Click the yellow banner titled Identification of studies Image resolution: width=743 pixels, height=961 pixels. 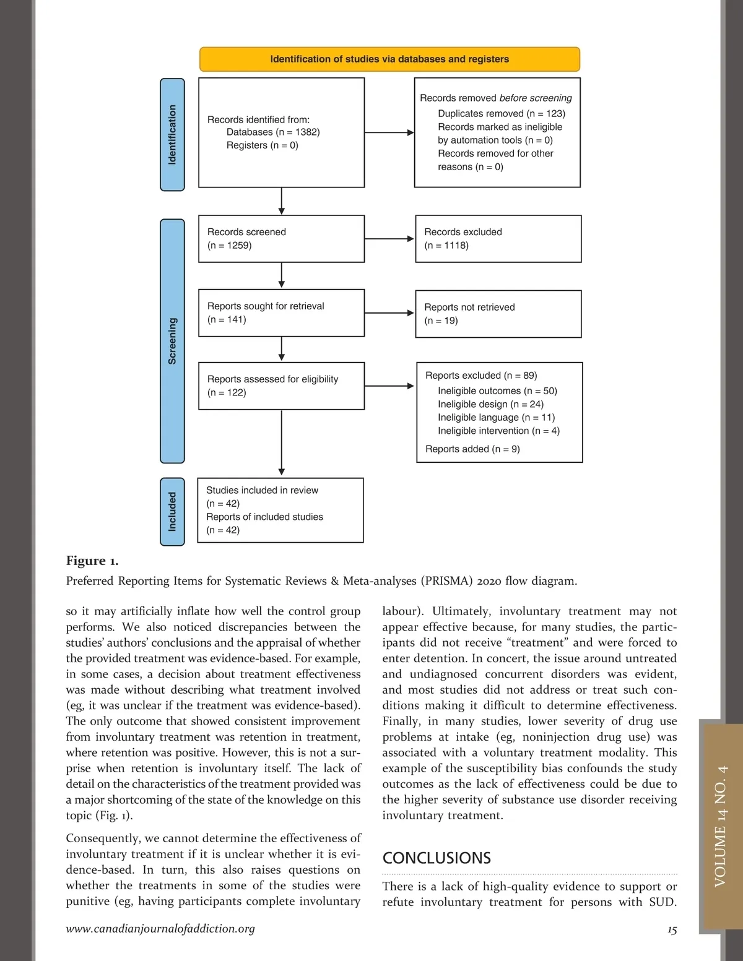(389, 59)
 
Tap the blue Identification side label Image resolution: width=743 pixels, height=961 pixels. (172, 134)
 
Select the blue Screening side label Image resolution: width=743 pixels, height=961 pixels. (172, 341)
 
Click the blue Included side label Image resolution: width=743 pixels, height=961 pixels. (172, 512)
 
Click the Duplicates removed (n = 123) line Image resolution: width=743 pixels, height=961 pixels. (501, 113)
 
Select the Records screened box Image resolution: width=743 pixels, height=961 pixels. (281, 239)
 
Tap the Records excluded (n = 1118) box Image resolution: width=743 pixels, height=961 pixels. (498, 239)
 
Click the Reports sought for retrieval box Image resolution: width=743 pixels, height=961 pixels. (281, 313)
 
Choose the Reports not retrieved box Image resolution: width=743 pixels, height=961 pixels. (498, 314)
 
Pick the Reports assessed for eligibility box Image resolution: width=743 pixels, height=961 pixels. (281, 386)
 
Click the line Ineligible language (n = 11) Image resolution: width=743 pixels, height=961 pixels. (496, 418)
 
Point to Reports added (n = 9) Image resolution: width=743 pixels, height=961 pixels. (472, 449)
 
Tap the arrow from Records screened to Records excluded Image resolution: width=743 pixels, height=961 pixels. (389, 239)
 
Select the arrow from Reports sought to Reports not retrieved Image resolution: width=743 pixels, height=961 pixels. (389, 313)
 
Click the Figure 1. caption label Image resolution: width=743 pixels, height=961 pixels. (92, 561)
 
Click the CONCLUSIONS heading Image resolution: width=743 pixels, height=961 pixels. (437, 858)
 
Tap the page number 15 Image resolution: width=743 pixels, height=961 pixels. (672, 930)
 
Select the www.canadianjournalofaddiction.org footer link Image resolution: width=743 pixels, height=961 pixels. (160, 928)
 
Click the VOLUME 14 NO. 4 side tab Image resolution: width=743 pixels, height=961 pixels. (721, 826)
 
